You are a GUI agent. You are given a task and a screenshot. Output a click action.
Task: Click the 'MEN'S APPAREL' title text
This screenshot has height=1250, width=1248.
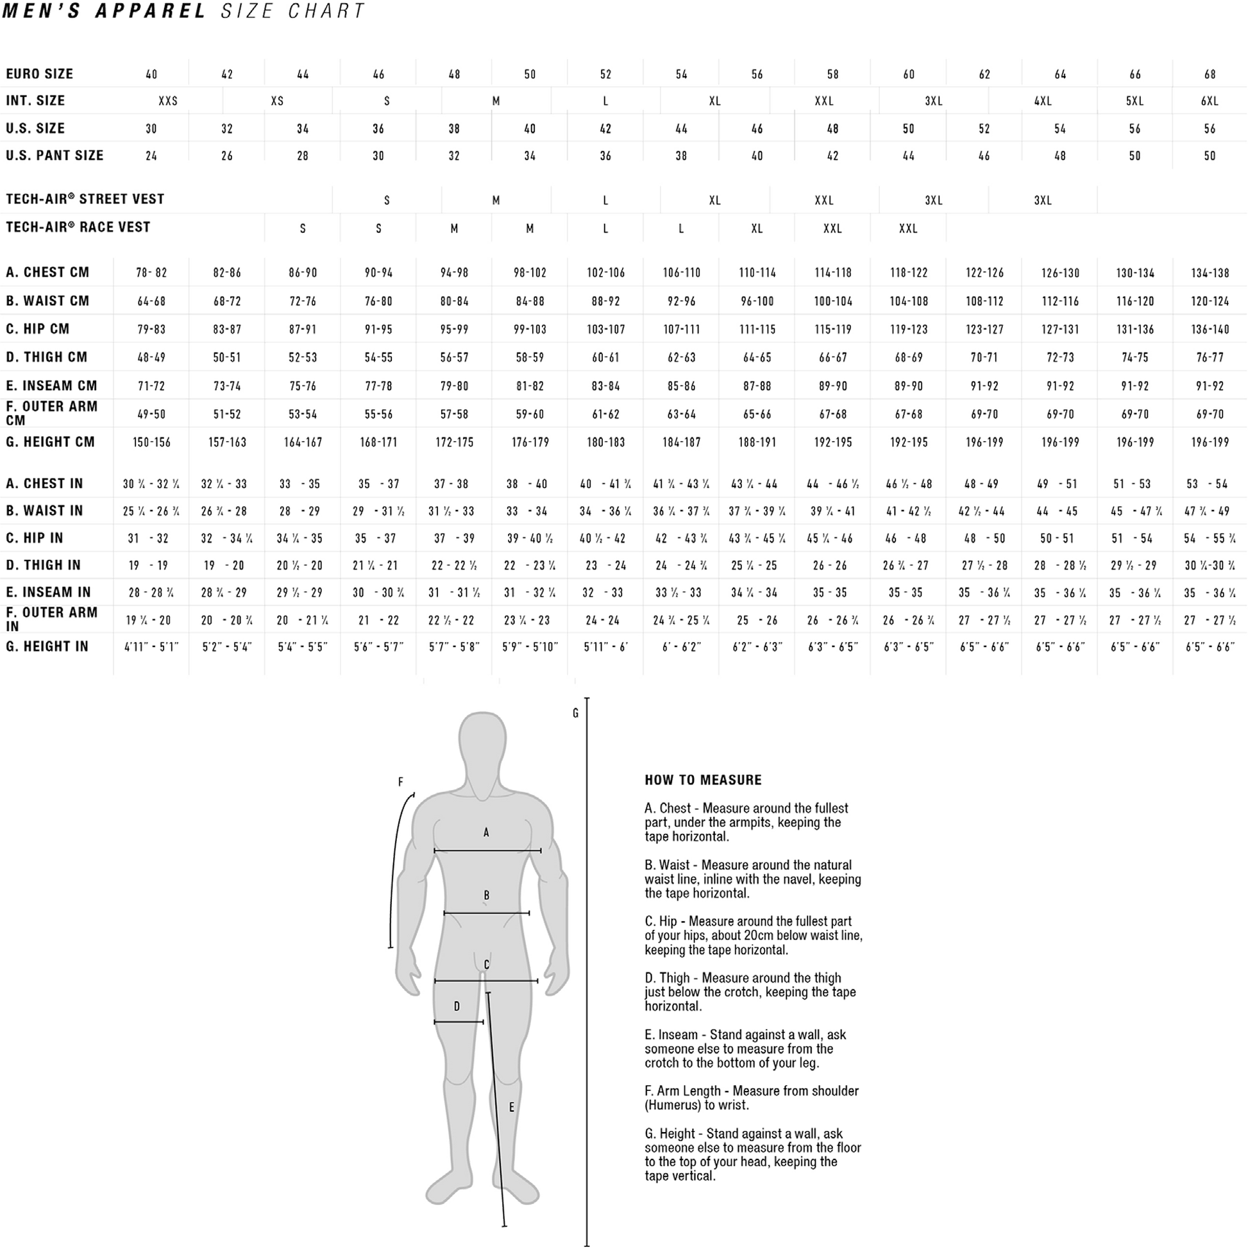tap(104, 11)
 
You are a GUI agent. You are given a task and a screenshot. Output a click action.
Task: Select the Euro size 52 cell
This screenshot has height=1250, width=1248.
tap(605, 74)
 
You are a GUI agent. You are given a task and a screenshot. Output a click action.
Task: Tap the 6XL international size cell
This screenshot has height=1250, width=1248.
tap(1210, 101)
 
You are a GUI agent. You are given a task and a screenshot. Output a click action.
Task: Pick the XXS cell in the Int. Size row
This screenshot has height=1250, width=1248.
tap(168, 101)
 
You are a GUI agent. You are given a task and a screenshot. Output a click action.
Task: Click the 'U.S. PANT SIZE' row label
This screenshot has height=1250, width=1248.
tap(55, 155)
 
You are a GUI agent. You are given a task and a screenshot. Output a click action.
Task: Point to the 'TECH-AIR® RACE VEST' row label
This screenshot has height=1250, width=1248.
tap(78, 227)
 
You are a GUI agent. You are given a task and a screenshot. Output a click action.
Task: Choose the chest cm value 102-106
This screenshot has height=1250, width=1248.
tap(605, 273)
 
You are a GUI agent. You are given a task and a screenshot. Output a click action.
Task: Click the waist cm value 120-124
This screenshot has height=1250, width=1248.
tap(1210, 301)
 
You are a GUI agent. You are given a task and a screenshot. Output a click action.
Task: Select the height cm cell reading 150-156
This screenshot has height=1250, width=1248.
tap(151, 443)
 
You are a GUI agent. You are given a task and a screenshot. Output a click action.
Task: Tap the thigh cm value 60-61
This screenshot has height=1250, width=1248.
tap(605, 358)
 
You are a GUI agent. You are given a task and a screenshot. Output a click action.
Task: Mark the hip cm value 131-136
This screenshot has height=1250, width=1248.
tap(1134, 329)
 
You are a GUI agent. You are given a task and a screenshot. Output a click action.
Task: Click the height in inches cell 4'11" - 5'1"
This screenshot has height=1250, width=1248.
tap(151, 647)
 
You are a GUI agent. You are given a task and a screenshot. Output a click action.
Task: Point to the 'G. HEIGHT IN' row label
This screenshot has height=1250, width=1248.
tap(47, 646)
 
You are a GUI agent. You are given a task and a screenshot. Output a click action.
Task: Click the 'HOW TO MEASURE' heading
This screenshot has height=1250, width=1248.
tap(704, 781)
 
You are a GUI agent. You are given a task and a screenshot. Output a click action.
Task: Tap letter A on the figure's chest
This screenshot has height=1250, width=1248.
tap(486, 832)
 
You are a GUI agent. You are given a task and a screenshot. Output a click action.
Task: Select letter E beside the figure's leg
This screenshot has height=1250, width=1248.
tap(511, 1108)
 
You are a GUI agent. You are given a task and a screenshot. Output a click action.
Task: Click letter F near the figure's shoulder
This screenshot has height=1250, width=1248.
tap(400, 782)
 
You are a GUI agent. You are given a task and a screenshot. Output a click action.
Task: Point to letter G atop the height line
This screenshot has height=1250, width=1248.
tap(575, 714)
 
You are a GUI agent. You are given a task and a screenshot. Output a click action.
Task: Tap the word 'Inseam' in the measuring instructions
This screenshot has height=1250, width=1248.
tap(677, 1035)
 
